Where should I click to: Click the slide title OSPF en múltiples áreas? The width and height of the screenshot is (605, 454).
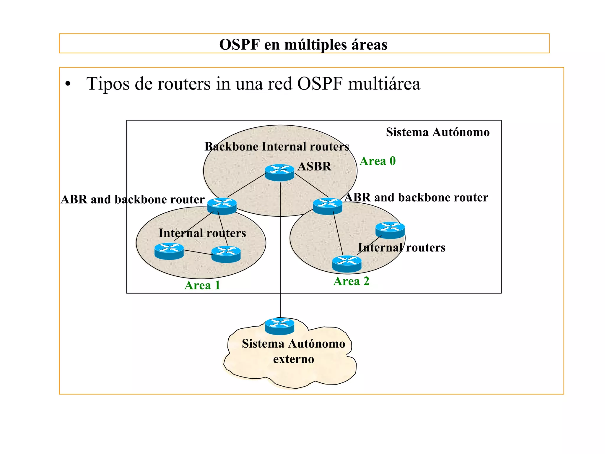[303, 45]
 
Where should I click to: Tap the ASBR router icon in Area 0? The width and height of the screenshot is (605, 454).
[279, 173]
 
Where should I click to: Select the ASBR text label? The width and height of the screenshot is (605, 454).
[314, 166]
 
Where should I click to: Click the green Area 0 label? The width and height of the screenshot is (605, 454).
[378, 161]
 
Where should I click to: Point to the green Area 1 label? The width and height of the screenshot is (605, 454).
[202, 286]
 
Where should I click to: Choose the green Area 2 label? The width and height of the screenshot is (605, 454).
[351, 281]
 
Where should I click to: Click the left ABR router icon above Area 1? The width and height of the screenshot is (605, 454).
[222, 206]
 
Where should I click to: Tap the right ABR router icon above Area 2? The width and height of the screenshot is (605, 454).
[327, 206]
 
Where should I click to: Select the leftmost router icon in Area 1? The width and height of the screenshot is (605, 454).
[169, 251]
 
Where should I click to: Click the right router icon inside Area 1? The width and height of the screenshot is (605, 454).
[226, 254]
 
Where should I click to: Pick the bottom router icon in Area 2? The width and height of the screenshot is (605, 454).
[347, 264]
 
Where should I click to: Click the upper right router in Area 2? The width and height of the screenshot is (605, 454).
[390, 230]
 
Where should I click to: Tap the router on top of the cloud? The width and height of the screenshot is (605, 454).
[279, 326]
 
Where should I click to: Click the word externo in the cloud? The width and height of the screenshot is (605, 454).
[294, 359]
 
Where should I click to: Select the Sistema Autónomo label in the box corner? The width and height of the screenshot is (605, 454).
[438, 132]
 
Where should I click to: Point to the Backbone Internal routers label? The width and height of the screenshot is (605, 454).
[277, 147]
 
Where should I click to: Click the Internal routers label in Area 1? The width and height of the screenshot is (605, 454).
[202, 233]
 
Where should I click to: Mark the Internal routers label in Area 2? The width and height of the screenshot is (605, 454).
[401, 248]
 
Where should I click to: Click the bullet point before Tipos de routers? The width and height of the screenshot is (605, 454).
[68, 84]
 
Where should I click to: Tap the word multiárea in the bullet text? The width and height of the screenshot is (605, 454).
[384, 84]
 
